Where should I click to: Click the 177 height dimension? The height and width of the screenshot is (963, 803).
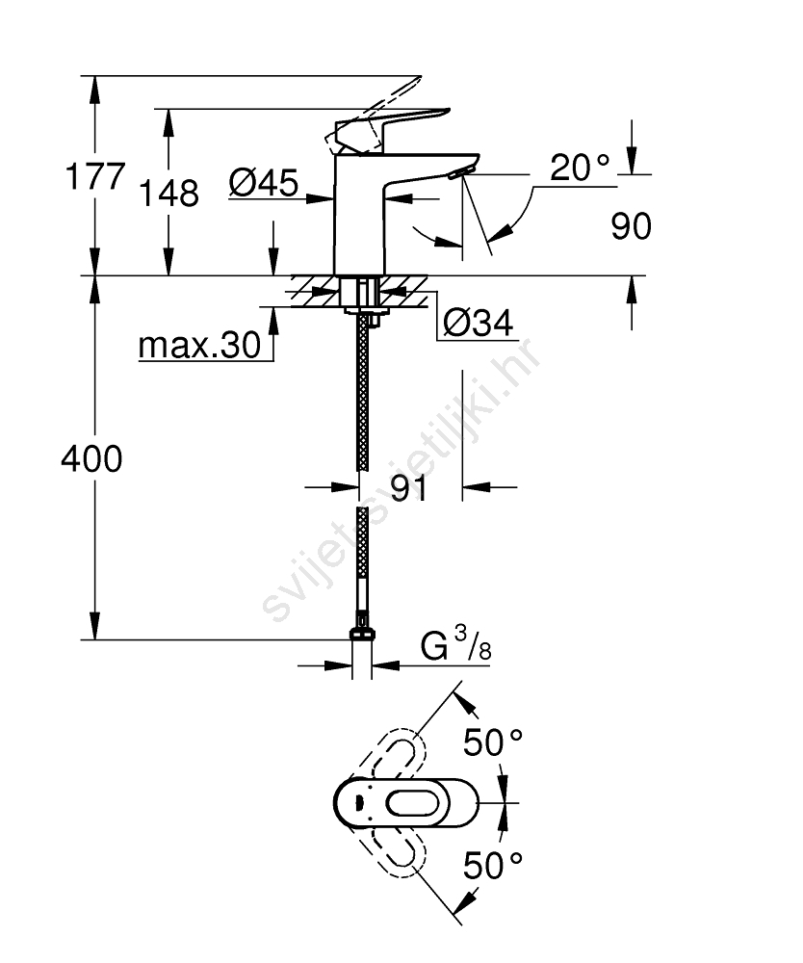pyautogui.click(x=95, y=177)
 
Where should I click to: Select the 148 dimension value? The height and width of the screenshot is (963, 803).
pyautogui.click(x=169, y=194)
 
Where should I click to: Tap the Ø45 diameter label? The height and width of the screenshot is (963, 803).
pyautogui.click(x=264, y=182)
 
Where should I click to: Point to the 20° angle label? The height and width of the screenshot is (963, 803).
pyautogui.click(x=580, y=167)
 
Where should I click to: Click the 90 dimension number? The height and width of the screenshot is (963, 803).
pyautogui.click(x=631, y=226)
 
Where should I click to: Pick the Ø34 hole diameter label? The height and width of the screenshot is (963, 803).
pyautogui.click(x=479, y=323)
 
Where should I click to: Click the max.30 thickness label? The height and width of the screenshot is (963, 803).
pyautogui.click(x=200, y=345)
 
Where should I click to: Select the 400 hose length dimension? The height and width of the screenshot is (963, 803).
pyautogui.click(x=91, y=458)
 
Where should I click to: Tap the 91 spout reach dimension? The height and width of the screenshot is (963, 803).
pyautogui.click(x=408, y=489)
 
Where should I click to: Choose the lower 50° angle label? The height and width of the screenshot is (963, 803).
pyautogui.click(x=492, y=866)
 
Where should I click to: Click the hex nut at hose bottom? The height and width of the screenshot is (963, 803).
pyautogui.click(x=362, y=634)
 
